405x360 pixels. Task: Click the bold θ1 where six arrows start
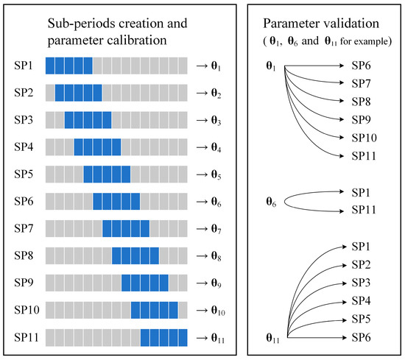pos(271,66)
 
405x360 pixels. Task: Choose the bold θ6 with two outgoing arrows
pos(271,201)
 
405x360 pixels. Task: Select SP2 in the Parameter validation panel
pos(361,264)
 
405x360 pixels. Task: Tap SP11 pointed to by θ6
pos(364,210)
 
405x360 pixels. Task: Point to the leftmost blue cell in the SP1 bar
pos(50,65)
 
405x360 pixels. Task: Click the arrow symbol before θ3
pos(201,119)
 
